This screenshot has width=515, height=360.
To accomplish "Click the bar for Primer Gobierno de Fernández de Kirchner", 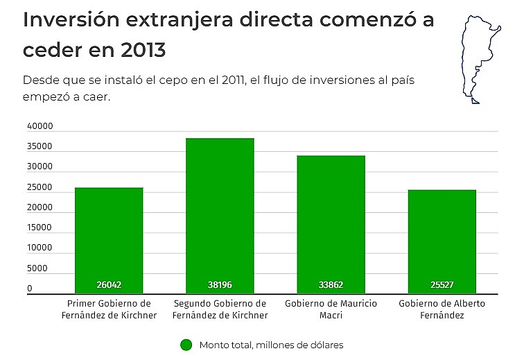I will coord(109,240).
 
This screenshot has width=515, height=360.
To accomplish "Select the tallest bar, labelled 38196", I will coord(220,216).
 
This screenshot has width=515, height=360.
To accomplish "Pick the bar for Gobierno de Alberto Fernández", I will coord(442,241).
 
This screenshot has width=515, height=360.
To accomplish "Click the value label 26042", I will coord(109,285).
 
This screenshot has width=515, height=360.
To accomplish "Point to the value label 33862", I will coord(331,285).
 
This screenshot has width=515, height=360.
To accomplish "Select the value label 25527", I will coord(442,285).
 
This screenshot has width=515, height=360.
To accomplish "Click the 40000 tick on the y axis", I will coord(40,126).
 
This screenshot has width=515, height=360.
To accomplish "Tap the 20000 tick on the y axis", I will coord(40,207).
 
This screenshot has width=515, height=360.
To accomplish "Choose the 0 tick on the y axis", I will coord(30,289).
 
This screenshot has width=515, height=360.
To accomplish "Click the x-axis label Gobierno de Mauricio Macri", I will coord(331,309).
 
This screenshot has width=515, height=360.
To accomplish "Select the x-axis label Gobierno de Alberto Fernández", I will coord(442,309).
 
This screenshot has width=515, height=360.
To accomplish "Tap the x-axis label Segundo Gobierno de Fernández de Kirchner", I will coord(220,309).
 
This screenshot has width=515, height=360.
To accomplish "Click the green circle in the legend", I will coord(185,345).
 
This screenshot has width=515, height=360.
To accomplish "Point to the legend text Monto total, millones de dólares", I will coord(271,345).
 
